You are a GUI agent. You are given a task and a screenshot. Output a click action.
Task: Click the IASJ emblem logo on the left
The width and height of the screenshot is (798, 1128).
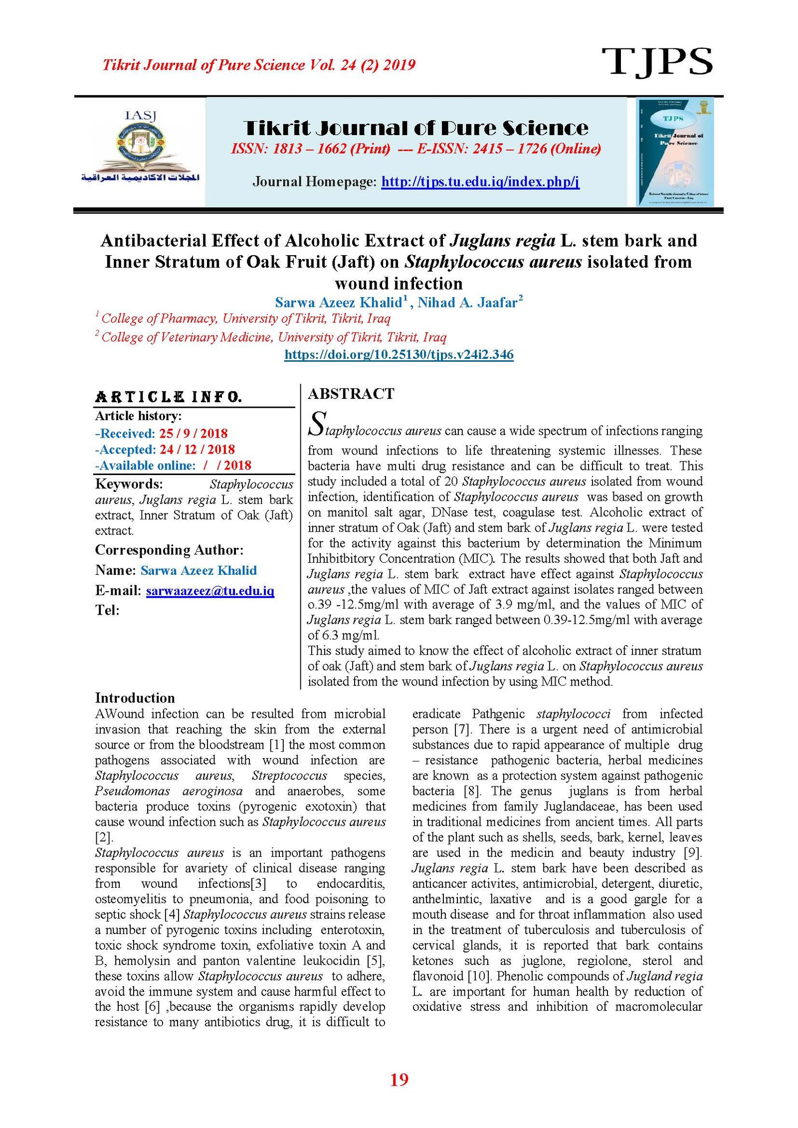[140, 147]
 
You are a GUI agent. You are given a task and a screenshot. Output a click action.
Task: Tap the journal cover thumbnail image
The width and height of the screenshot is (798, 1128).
[674, 152]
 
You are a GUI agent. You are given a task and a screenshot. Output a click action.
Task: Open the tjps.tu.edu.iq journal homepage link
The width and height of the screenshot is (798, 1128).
[480, 181]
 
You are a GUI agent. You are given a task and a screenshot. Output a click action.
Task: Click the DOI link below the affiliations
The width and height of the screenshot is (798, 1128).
[399, 354]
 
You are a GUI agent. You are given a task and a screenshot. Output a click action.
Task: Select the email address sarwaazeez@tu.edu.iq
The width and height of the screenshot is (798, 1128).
[210, 591]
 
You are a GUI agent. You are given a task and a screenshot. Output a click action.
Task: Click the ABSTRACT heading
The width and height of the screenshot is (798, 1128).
[351, 394]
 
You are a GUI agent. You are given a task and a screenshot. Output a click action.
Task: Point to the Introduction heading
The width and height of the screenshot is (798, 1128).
[135, 697]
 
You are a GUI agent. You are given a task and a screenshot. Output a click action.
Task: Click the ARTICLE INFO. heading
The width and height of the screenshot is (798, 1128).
[168, 397]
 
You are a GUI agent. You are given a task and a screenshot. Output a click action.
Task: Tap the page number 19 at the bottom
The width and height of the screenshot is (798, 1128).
[399, 1079]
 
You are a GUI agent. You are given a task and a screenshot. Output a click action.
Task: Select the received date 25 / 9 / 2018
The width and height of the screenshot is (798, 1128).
[193, 433]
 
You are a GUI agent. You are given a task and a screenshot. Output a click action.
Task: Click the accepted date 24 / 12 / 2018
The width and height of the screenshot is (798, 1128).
[197, 449]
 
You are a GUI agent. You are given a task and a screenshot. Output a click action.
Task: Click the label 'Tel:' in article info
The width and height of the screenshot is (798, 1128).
[107, 610]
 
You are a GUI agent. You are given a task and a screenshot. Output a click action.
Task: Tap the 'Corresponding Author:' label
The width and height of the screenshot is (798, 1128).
[169, 550]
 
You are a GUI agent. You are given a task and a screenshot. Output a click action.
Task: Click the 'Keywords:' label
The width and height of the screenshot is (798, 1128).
[129, 484]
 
